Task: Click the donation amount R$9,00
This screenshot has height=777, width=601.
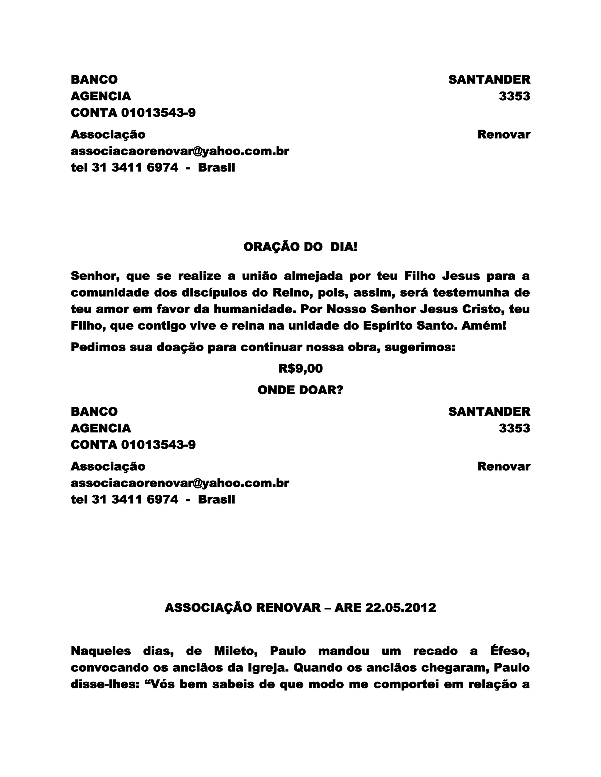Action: (300, 369)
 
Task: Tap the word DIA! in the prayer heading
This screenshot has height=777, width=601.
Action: (344, 247)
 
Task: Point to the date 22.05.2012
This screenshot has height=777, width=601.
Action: (401, 608)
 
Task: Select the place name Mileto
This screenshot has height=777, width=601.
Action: (236, 651)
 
